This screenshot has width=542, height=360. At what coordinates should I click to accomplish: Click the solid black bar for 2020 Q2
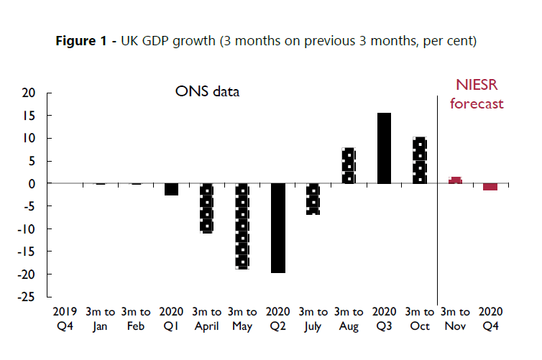coord(277,228)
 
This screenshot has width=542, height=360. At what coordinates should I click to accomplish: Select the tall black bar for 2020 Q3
coord(385,148)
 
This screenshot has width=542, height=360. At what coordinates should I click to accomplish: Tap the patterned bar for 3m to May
coord(242,226)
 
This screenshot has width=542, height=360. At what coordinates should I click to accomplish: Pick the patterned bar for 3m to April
coord(207,208)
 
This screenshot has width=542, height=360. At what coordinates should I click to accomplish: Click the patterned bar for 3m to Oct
coord(420,160)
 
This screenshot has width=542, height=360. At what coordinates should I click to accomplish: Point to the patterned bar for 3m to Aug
coord(349,166)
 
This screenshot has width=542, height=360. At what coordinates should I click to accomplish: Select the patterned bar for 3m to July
coord(313,198)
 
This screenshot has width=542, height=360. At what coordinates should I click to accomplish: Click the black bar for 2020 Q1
coord(171,189)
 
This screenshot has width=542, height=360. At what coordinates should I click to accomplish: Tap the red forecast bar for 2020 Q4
coord(490,187)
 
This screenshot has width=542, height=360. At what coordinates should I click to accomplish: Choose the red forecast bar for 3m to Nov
coord(455,180)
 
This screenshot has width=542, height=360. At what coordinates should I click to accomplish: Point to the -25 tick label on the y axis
coord(27,297)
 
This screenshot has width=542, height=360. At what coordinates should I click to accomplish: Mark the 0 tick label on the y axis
coord(32,184)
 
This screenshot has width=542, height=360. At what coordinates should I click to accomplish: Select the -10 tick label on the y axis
coord(27,229)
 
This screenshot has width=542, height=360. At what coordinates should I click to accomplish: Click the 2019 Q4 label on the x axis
coord(65,319)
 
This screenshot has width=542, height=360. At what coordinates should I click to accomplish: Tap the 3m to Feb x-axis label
coord(135,319)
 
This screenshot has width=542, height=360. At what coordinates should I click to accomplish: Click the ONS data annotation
coord(208,92)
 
